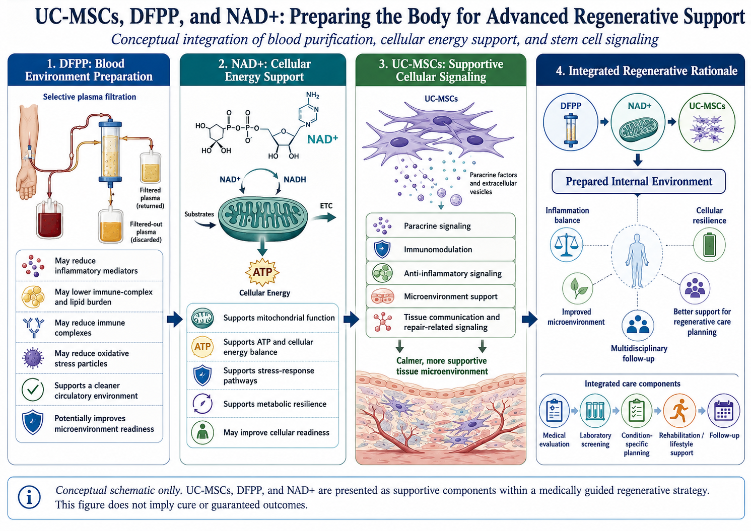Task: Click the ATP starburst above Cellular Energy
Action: click(x=262, y=272)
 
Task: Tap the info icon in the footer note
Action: click(x=30, y=497)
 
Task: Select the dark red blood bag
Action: click(x=50, y=220)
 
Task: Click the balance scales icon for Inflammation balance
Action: click(x=566, y=245)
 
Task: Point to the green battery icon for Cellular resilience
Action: click(x=709, y=245)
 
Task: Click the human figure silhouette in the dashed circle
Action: click(x=637, y=261)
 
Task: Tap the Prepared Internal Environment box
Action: click(x=639, y=181)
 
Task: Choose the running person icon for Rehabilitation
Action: click(x=679, y=411)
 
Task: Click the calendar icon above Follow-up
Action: click(x=724, y=411)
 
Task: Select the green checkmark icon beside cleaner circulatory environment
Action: click(x=33, y=390)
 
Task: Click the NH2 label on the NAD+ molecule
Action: click(x=312, y=95)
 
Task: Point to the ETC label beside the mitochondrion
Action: click(x=326, y=206)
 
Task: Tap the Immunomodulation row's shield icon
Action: click(x=382, y=249)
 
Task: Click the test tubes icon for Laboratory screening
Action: click(x=595, y=411)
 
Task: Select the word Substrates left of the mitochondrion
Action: click(x=199, y=214)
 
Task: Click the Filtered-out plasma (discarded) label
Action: click(x=146, y=232)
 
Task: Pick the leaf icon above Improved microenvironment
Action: click(x=577, y=288)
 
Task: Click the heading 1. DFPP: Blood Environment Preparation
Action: click(x=89, y=70)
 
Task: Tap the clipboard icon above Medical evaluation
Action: click(x=554, y=411)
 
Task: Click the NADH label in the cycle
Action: click(x=295, y=180)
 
